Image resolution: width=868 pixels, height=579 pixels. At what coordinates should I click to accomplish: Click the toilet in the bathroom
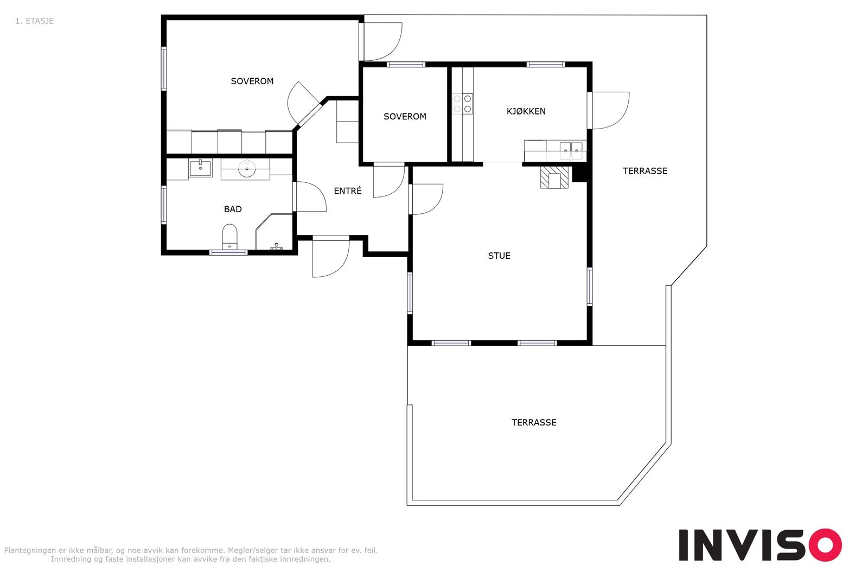(229, 237)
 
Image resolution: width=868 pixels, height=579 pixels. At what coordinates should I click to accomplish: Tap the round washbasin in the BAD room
(246, 169)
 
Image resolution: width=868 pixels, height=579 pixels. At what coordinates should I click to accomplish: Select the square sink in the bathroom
(200, 168)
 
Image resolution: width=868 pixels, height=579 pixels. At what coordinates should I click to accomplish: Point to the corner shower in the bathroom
(274, 232)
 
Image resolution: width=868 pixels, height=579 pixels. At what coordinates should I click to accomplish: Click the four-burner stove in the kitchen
(463, 104)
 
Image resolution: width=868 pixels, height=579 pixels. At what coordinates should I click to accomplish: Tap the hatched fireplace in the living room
(554, 177)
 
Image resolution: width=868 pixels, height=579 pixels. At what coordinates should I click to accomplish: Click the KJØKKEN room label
(526, 111)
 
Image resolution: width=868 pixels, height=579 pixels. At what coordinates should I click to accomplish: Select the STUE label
(499, 256)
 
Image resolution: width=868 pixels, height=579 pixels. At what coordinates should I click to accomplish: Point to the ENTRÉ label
(348, 190)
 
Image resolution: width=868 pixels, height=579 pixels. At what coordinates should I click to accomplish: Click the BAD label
(233, 209)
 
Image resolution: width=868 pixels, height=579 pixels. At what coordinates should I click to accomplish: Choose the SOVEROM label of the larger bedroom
(252, 81)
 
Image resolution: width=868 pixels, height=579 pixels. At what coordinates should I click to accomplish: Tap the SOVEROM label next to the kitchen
(405, 116)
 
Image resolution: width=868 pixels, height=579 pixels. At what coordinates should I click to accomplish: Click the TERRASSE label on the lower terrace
(534, 422)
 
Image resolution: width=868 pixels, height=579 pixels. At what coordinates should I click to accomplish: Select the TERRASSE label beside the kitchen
(645, 170)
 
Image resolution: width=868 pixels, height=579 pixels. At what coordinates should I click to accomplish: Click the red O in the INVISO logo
(825, 544)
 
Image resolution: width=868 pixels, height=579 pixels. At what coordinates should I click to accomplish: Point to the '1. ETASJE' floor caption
(35, 21)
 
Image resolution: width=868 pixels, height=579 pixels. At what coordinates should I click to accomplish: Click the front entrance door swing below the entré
(330, 257)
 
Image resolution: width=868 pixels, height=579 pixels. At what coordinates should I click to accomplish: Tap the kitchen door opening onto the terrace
(608, 110)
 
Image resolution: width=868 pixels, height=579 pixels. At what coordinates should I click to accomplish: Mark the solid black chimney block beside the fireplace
(580, 174)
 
